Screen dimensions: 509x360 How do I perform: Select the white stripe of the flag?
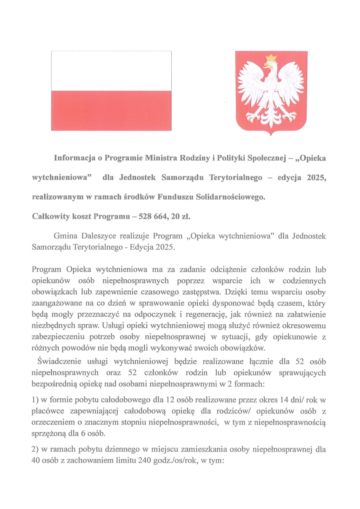[111, 71]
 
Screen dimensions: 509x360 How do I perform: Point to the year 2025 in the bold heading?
[316, 177]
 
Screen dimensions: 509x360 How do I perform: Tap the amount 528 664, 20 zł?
[164, 216]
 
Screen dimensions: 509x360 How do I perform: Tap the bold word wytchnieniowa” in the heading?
[61, 177]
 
